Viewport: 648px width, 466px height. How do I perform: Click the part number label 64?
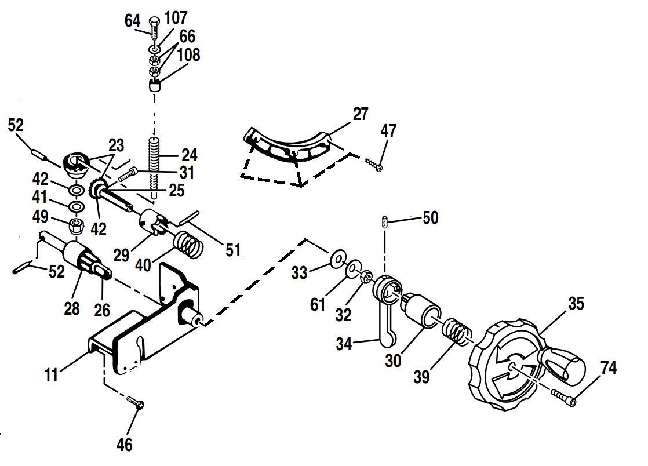point(132,20)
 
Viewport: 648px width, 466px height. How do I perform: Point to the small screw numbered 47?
point(373,164)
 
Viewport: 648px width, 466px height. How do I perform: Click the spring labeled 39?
point(458,334)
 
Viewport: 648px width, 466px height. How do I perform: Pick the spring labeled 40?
point(189,243)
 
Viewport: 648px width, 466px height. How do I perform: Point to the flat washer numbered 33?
point(336,259)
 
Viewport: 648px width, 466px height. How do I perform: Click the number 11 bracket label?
point(51,375)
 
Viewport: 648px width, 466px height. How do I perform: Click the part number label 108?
point(188,55)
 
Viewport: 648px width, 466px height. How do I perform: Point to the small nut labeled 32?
point(366,278)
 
